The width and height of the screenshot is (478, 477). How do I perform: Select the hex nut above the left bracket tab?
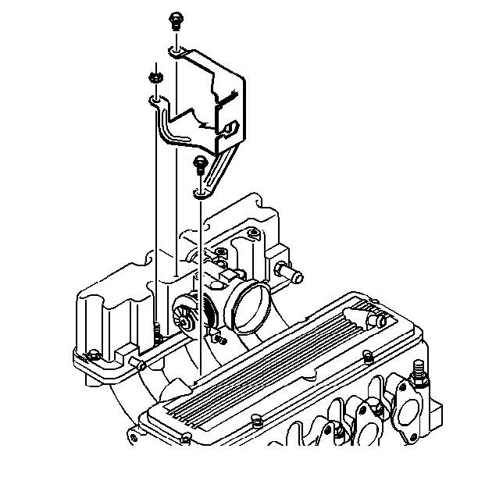pyautogui.click(x=153, y=77)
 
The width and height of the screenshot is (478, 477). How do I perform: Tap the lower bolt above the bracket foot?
pyautogui.click(x=199, y=164)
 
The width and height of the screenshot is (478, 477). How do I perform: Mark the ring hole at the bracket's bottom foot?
pyautogui.click(x=200, y=193)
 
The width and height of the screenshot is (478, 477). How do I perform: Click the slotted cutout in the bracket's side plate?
pyautogui.click(x=230, y=126)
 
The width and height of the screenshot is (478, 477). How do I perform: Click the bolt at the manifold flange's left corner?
pyautogui.click(x=93, y=354)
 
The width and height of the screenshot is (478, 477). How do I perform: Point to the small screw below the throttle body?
pyautogui.click(x=221, y=339)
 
